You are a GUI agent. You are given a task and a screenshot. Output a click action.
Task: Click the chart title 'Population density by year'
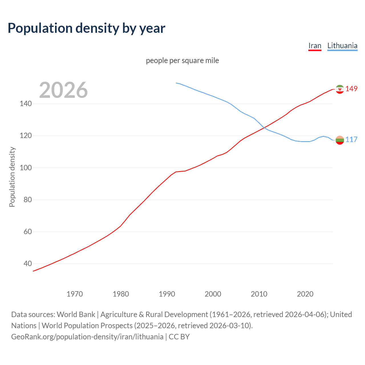(86, 28)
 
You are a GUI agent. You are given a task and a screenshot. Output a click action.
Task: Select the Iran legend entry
(315, 46)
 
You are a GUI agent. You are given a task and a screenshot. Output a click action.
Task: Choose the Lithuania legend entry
(342, 46)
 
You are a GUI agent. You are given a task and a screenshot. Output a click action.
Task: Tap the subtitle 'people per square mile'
(182, 60)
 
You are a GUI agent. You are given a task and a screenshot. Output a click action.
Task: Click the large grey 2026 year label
(63, 90)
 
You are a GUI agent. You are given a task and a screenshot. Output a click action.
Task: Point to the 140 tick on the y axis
(26, 104)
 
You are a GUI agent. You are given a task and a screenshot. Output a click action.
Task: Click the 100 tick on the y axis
(26, 168)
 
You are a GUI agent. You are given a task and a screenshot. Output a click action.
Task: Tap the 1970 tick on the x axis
(75, 294)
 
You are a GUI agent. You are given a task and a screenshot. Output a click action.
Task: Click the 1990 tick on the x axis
(167, 294)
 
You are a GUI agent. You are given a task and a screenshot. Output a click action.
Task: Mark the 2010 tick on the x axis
(259, 294)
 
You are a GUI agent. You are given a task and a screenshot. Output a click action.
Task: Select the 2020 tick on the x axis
(305, 294)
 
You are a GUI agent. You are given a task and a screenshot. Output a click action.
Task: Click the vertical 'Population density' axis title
(12, 177)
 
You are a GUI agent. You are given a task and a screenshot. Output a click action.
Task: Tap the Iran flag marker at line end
(340, 89)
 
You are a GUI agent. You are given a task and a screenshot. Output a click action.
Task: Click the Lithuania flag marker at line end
(340, 140)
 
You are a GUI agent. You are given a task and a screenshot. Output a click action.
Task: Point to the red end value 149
(351, 89)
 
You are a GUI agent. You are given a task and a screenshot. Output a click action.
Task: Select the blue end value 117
(351, 139)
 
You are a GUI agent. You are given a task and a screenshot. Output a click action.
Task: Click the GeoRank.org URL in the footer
(87, 337)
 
